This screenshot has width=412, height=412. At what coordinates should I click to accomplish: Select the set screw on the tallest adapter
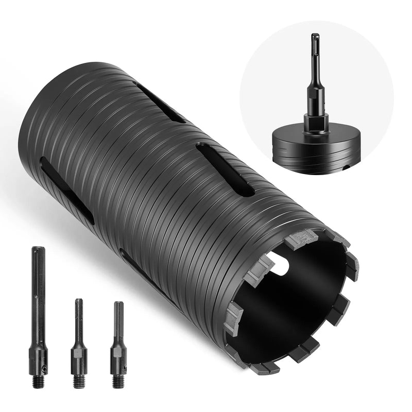[44, 367]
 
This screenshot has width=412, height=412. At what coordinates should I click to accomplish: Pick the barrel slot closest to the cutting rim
[225, 169]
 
